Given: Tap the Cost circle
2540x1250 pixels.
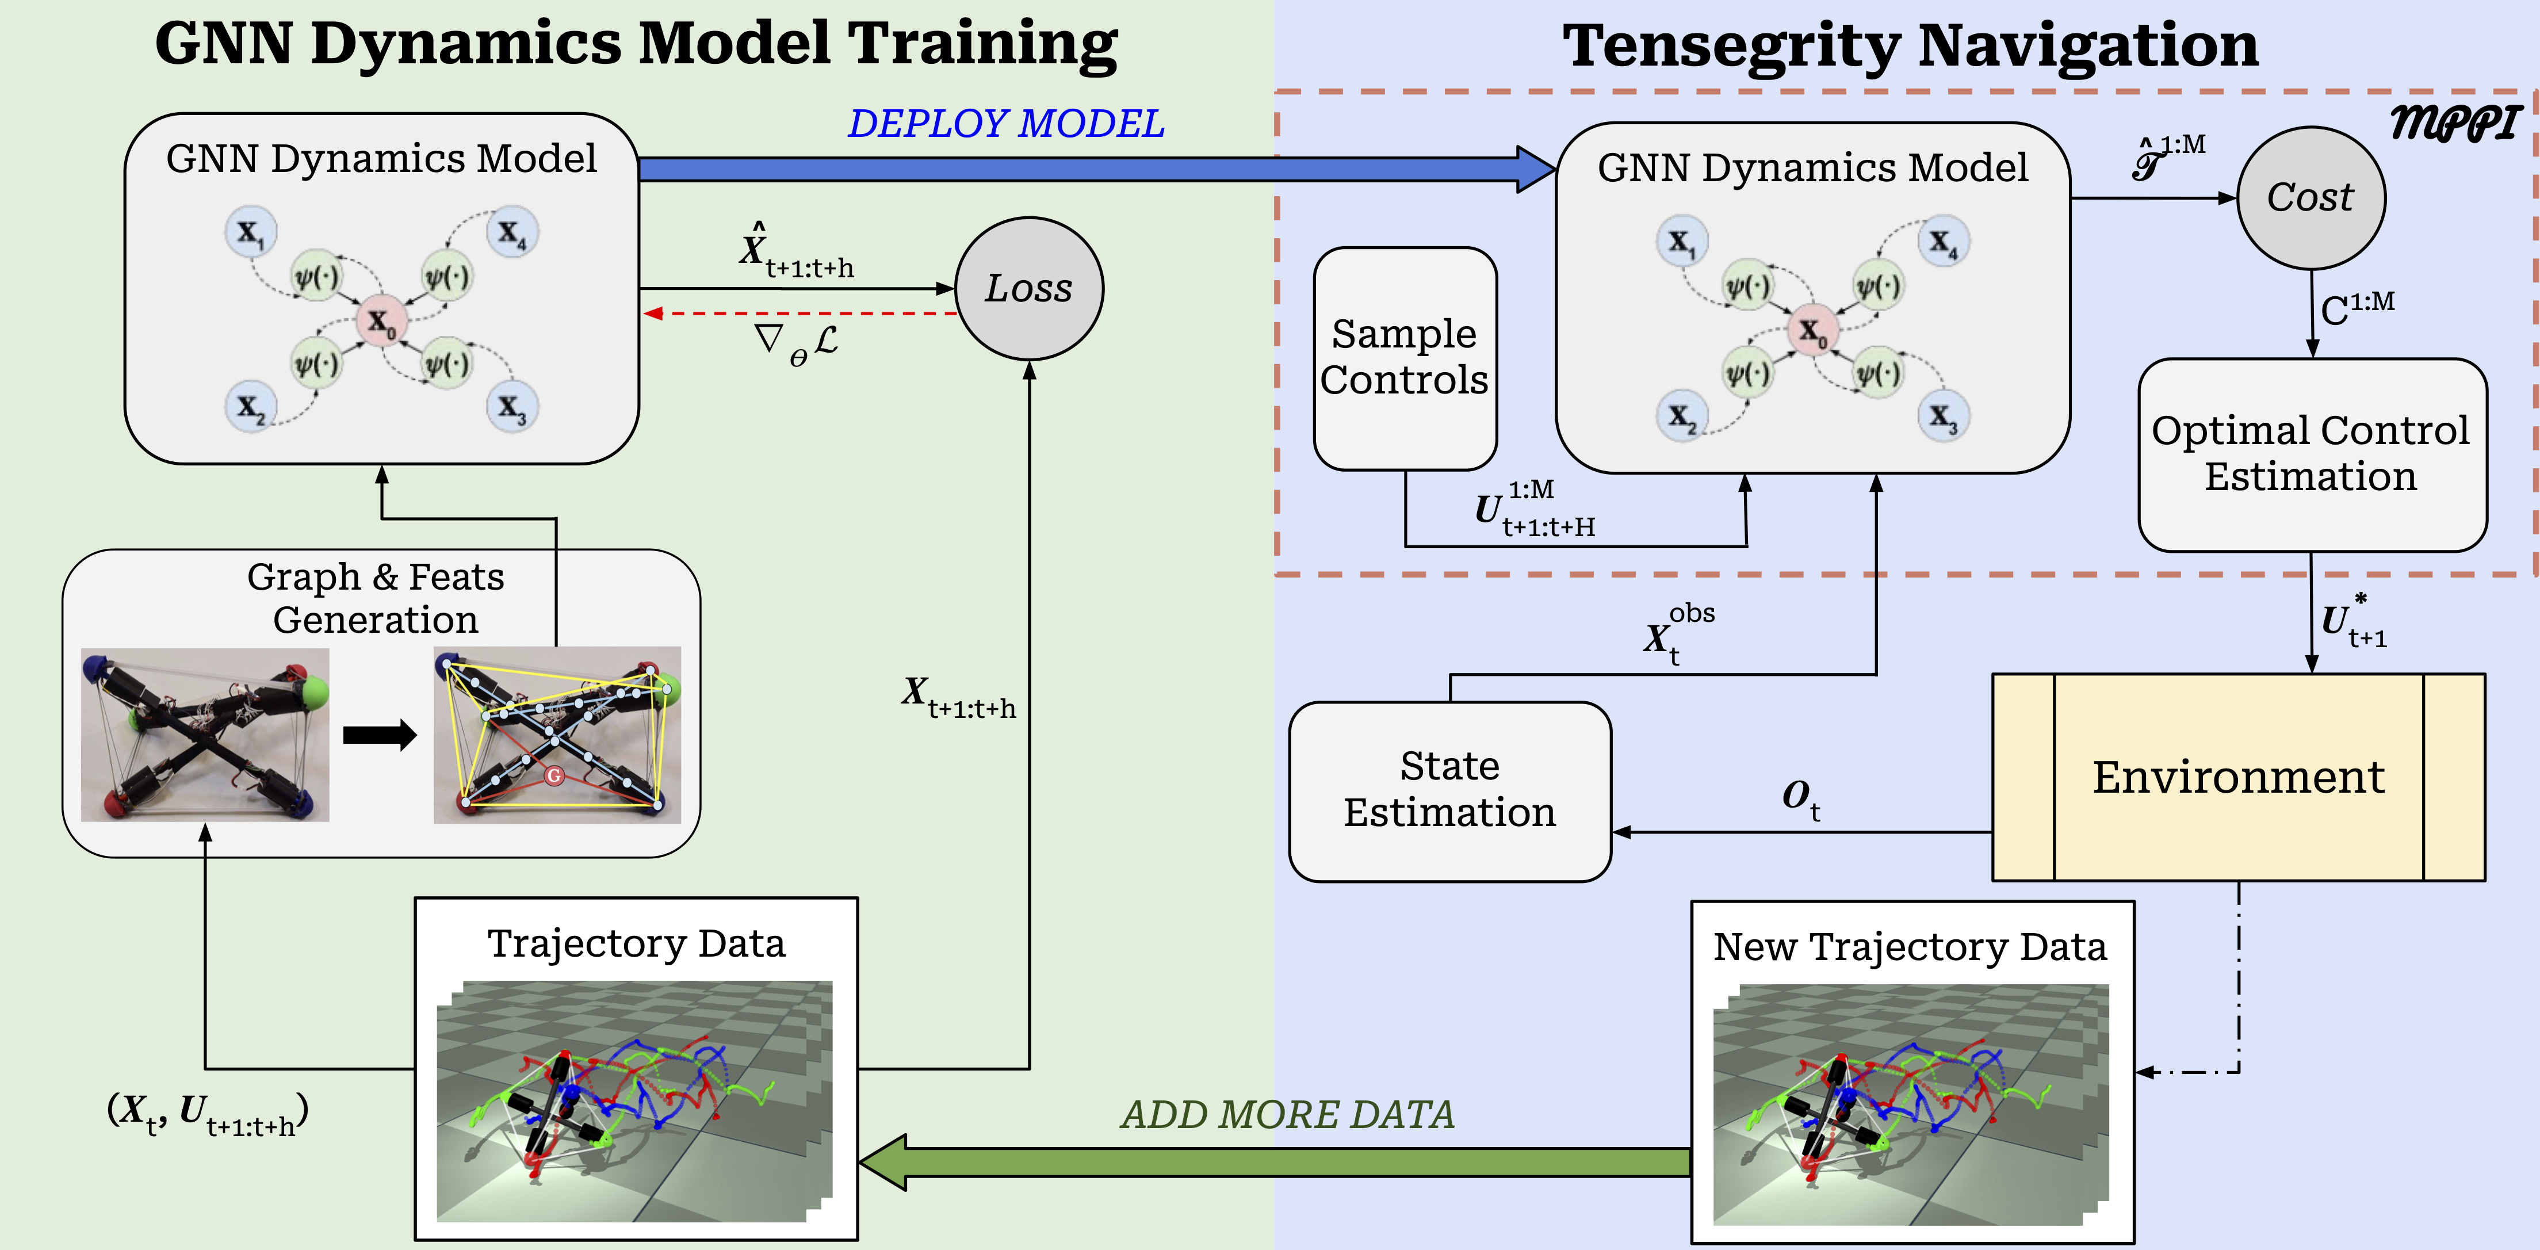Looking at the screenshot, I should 2311,197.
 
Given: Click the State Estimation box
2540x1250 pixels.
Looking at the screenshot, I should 1449,790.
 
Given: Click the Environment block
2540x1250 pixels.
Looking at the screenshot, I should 2238,777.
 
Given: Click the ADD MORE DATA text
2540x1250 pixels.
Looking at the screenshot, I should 1287,1115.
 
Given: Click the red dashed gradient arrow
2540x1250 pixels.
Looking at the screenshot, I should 799,314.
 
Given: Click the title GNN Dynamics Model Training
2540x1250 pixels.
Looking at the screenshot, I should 636,44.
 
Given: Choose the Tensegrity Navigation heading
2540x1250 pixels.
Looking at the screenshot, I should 1910,47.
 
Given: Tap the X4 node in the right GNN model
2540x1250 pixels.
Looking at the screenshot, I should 1942,242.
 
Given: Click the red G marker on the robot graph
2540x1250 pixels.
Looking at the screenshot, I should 554,776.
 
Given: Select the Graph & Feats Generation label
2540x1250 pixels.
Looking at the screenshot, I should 376,598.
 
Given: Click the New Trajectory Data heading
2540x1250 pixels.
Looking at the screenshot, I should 1910,946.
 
